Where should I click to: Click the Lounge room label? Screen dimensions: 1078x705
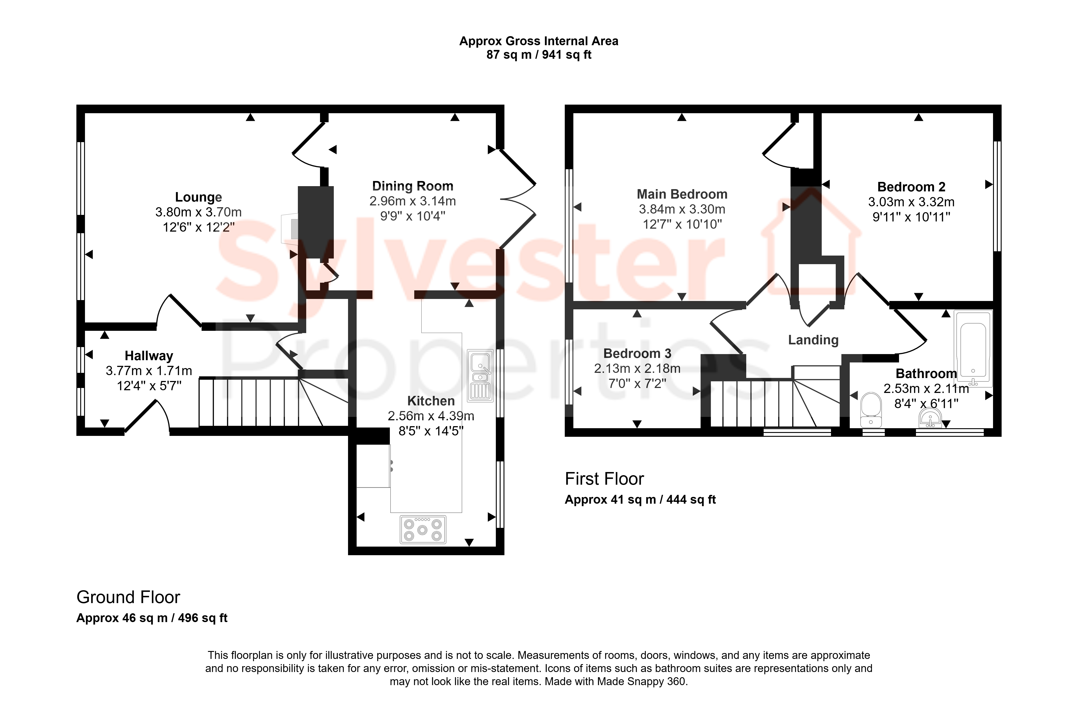click(198, 197)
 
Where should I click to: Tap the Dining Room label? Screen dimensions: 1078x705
click(413, 186)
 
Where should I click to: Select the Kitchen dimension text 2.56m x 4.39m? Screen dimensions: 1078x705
click(431, 416)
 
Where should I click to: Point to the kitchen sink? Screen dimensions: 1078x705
click(480, 375)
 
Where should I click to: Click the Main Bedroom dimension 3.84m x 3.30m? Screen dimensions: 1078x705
click(682, 209)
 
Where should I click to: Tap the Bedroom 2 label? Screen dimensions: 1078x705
click(911, 187)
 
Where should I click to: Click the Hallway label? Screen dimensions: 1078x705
click(149, 356)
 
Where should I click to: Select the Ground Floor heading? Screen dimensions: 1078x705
click(128, 597)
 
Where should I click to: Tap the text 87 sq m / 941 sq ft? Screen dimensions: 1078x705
click(539, 55)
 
